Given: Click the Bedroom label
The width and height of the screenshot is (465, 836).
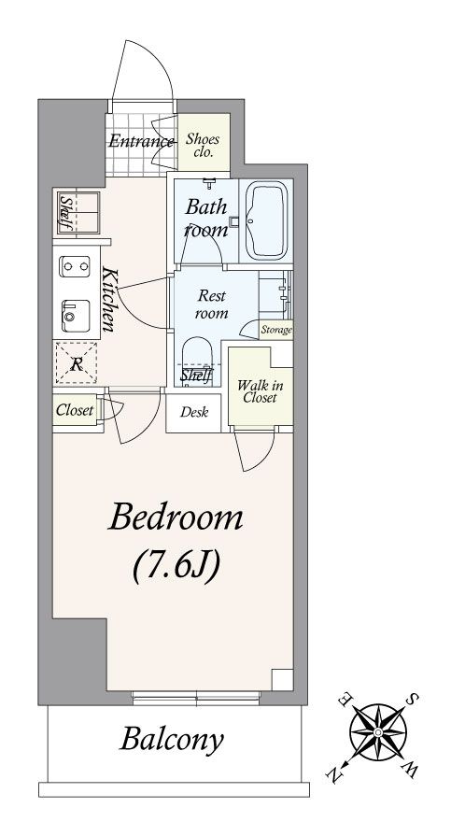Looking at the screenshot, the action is [x=176, y=517].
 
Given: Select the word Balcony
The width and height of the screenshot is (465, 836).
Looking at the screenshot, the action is [x=171, y=741].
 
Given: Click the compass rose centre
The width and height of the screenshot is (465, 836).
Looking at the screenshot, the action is [x=378, y=732].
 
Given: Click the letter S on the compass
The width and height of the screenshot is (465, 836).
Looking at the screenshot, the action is [x=413, y=698].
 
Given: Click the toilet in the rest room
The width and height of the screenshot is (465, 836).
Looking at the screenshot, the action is [x=197, y=359].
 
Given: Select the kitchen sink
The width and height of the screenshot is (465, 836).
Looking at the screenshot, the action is [x=76, y=315].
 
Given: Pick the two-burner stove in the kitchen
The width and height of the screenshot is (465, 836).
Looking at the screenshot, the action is [x=76, y=265].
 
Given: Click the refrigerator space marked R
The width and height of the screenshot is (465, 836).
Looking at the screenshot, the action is [x=77, y=363].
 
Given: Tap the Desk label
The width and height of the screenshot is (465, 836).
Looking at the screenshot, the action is [x=193, y=412].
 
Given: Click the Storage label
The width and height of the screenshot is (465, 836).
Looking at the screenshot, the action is [x=276, y=330].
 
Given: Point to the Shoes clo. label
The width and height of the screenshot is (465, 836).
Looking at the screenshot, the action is [x=203, y=146].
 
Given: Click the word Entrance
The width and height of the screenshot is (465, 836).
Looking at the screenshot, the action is [x=141, y=141].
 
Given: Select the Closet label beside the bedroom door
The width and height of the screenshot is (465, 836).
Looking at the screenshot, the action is [x=75, y=410].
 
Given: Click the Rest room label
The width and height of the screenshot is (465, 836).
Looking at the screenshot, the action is [x=212, y=304].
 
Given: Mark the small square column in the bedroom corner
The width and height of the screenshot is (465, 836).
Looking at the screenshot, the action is [x=282, y=679].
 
